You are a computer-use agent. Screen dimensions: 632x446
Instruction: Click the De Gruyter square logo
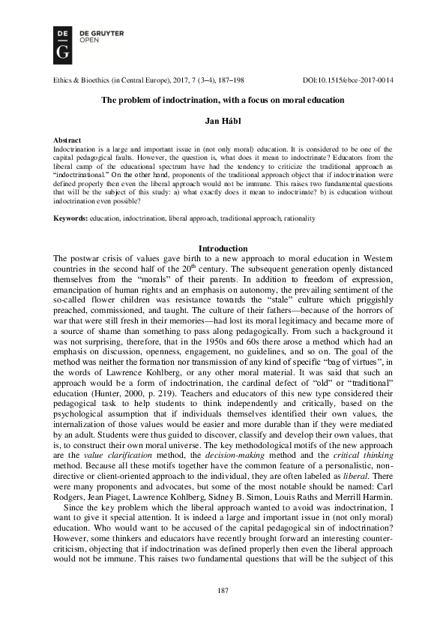[63, 42]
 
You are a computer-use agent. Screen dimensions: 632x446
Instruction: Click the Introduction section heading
[223, 248]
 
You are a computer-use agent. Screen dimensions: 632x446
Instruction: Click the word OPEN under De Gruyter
[88, 41]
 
